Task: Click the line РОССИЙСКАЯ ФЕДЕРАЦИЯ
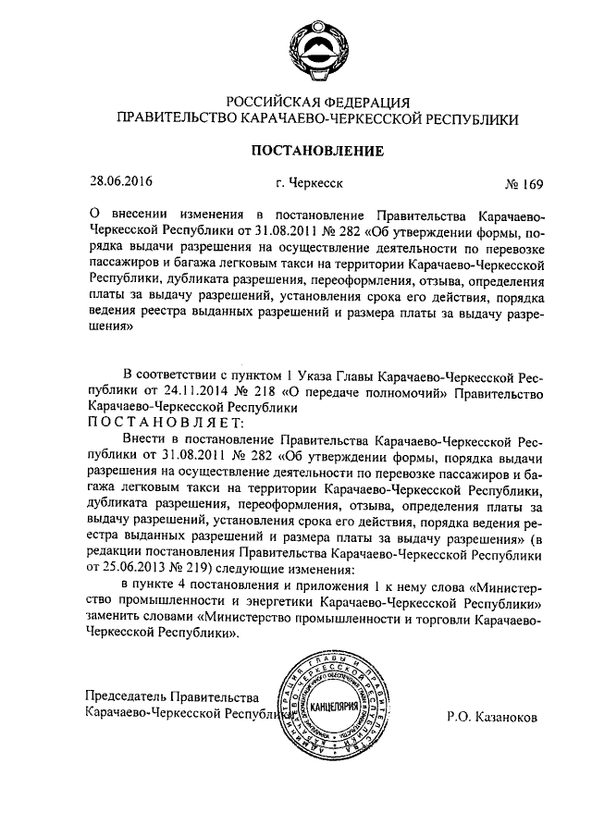(299, 101)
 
